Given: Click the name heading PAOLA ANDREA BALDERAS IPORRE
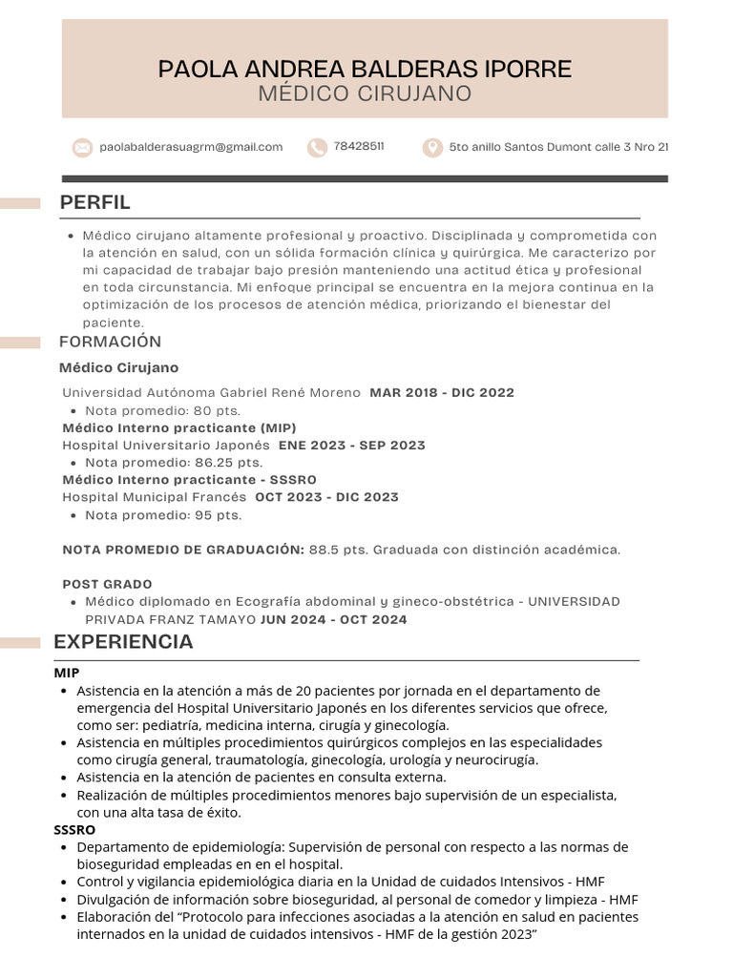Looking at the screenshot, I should pyautogui.click(x=365, y=69).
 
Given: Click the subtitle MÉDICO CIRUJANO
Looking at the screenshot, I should pyautogui.click(x=365, y=94).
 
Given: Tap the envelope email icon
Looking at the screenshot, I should pyautogui.click(x=82, y=147).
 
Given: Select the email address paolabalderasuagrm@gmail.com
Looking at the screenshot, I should pyautogui.click(x=191, y=147).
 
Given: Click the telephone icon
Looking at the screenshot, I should pyautogui.click(x=316, y=147).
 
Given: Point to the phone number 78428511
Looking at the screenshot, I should pyautogui.click(x=359, y=147).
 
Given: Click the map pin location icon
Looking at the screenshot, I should pyautogui.click(x=432, y=147).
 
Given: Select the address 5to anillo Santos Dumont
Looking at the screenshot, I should pyautogui.click(x=558, y=147).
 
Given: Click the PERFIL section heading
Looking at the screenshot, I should pyautogui.click(x=94, y=202).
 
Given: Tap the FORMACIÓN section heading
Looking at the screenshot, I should pyautogui.click(x=110, y=342).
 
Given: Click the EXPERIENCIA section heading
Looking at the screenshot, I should pyautogui.click(x=123, y=642).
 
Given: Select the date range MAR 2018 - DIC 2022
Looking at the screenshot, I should pyautogui.click(x=441, y=393).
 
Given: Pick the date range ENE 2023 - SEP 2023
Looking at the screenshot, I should pyautogui.click(x=351, y=446).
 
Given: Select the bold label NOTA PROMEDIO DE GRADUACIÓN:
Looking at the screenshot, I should pyautogui.click(x=183, y=550).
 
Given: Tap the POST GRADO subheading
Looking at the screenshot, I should pyautogui.click(x=107, y=584).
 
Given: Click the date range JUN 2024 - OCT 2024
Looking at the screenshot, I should pyautogui.click(x=333, y=619).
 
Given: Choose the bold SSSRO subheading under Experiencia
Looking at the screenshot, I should pyautogui.click(x=74, y=830).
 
